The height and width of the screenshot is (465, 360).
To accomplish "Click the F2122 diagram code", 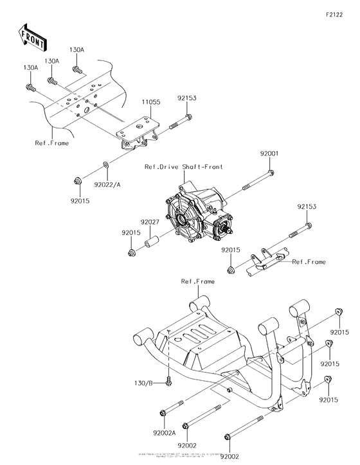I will (336, 13).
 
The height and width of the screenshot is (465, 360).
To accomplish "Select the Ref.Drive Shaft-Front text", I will (183, 166).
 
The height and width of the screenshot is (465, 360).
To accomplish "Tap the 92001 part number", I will (269, 154).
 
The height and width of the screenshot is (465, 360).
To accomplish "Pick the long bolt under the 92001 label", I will (257, 180).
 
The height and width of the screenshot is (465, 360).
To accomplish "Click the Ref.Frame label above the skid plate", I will (197, 281).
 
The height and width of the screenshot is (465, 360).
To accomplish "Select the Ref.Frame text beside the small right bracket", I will (309, 261).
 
